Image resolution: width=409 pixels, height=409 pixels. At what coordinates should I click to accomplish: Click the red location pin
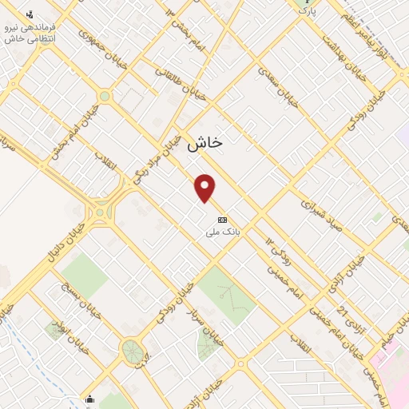pos(206,188)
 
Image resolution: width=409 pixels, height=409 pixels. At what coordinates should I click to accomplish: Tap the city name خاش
pos(205,143)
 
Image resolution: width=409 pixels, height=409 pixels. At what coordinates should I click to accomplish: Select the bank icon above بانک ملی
pos(222,219)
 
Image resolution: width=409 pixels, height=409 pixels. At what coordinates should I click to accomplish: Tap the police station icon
pos(30,14)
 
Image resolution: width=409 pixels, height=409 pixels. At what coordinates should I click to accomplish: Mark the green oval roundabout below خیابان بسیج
pos(132,351)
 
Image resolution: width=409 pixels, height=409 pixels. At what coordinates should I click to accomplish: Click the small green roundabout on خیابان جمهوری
pos(105,96)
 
